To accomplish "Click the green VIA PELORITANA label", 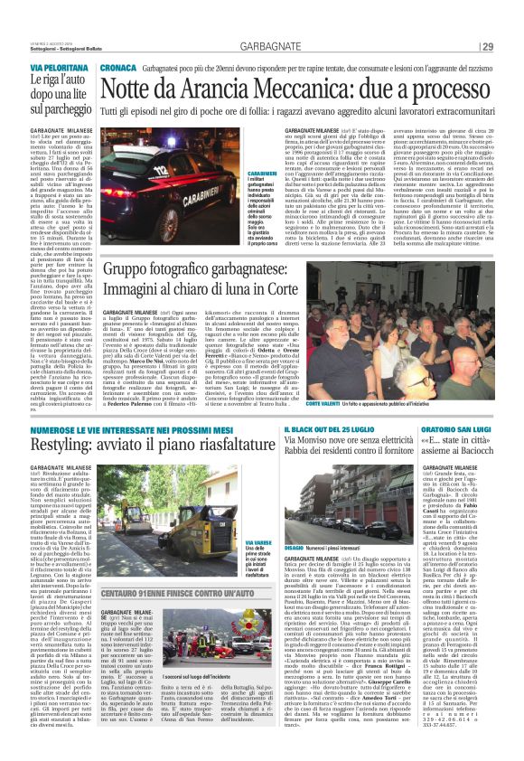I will point(52,68).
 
